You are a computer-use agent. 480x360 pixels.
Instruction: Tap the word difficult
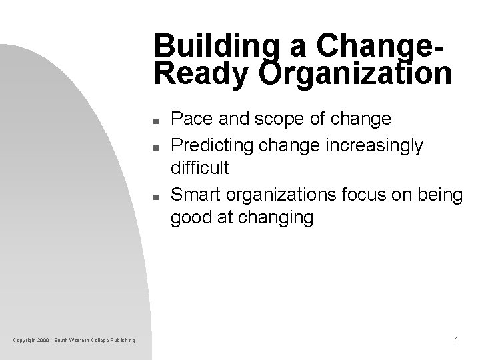(x=200, y=169)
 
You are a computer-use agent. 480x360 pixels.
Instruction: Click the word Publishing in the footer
(x=123, y=341)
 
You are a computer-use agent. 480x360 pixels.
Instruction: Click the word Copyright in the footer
(x=24, y=341)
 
